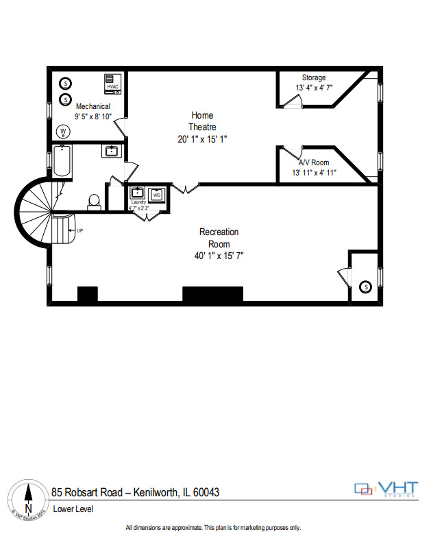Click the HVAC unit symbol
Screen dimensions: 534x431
tap(113, 84)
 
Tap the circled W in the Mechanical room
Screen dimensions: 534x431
tap(63, 131)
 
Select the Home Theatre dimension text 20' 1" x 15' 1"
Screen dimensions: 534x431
tap(202, 138)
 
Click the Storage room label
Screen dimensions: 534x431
tap(314, 77)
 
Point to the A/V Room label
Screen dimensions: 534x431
tap(314, 162)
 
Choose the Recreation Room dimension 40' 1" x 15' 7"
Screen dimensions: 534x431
tap(219, 256)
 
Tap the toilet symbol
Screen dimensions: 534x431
tap(95, 200)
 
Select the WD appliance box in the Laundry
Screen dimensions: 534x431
tap(157, 195)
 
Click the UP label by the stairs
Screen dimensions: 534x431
tap(79, 230)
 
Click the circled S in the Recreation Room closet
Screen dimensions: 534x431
tap(365, 286)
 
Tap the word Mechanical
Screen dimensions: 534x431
tap(93, 106)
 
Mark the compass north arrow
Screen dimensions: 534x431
tap(28, 497)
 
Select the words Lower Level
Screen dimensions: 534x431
tap(73, 509)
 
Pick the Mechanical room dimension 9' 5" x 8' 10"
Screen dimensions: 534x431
tap(93, 117)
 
